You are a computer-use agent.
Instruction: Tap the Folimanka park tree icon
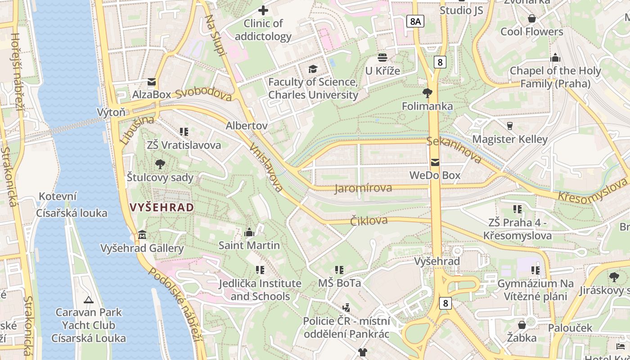[427, 93]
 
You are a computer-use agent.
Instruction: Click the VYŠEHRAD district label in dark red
[162, 207]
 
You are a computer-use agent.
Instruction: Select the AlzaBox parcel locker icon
[152, 82]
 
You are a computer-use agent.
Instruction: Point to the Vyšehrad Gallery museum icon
[142, 235]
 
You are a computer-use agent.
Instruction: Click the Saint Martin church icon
[249, 232]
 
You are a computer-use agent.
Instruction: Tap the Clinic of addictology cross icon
[263, 10]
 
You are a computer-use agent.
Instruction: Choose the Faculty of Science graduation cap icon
[313, 69]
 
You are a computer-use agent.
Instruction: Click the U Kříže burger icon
[382, 57]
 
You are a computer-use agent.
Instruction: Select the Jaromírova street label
[363, 188]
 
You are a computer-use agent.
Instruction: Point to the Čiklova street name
[369, 220]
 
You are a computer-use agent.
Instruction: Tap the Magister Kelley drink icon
[510, 126]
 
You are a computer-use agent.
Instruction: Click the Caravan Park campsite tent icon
[89, 299]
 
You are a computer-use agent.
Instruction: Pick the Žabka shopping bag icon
[522, 324]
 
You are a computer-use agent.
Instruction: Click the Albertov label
[247, 126]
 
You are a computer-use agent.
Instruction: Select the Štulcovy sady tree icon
[160, 164]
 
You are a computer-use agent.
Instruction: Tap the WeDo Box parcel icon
[435, 162]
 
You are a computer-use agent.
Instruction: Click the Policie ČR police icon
[346, 308]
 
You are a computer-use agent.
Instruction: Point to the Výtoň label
[111, 112]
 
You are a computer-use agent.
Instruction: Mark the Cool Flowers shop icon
[532, 18]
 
